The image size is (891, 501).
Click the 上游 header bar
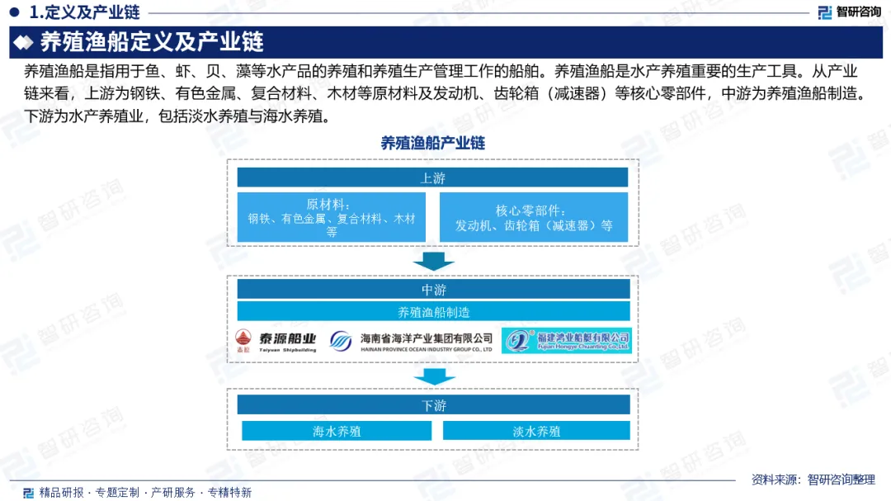(x=432, y=177)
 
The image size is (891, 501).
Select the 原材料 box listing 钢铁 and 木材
(x=331, y=217)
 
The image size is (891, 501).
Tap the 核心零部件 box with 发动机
(x=533, y=217)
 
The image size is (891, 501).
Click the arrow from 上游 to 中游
(x=433, y=261)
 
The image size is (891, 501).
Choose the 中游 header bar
(x=433, y=289)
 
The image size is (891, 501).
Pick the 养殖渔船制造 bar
(x=433, y=312)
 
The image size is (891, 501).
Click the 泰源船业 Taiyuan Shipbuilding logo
(x=276, y=340)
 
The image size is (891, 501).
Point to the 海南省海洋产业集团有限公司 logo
(x=411, y=341)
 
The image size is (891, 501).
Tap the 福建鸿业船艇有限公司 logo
(x=566, y=340)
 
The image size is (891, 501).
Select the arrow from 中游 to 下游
(x=433, y=376)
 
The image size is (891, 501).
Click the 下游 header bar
(x=433, y=405)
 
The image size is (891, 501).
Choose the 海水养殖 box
(x=336, y=431)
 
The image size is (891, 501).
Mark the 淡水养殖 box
(x=535, y=431)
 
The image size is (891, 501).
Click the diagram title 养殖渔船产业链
(x=432, y=143)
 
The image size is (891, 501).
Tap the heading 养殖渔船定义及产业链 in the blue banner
(x=152, y=42)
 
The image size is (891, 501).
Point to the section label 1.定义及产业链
(x=83, y=12)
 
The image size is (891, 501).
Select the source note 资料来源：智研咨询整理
(x=813, y=480)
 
